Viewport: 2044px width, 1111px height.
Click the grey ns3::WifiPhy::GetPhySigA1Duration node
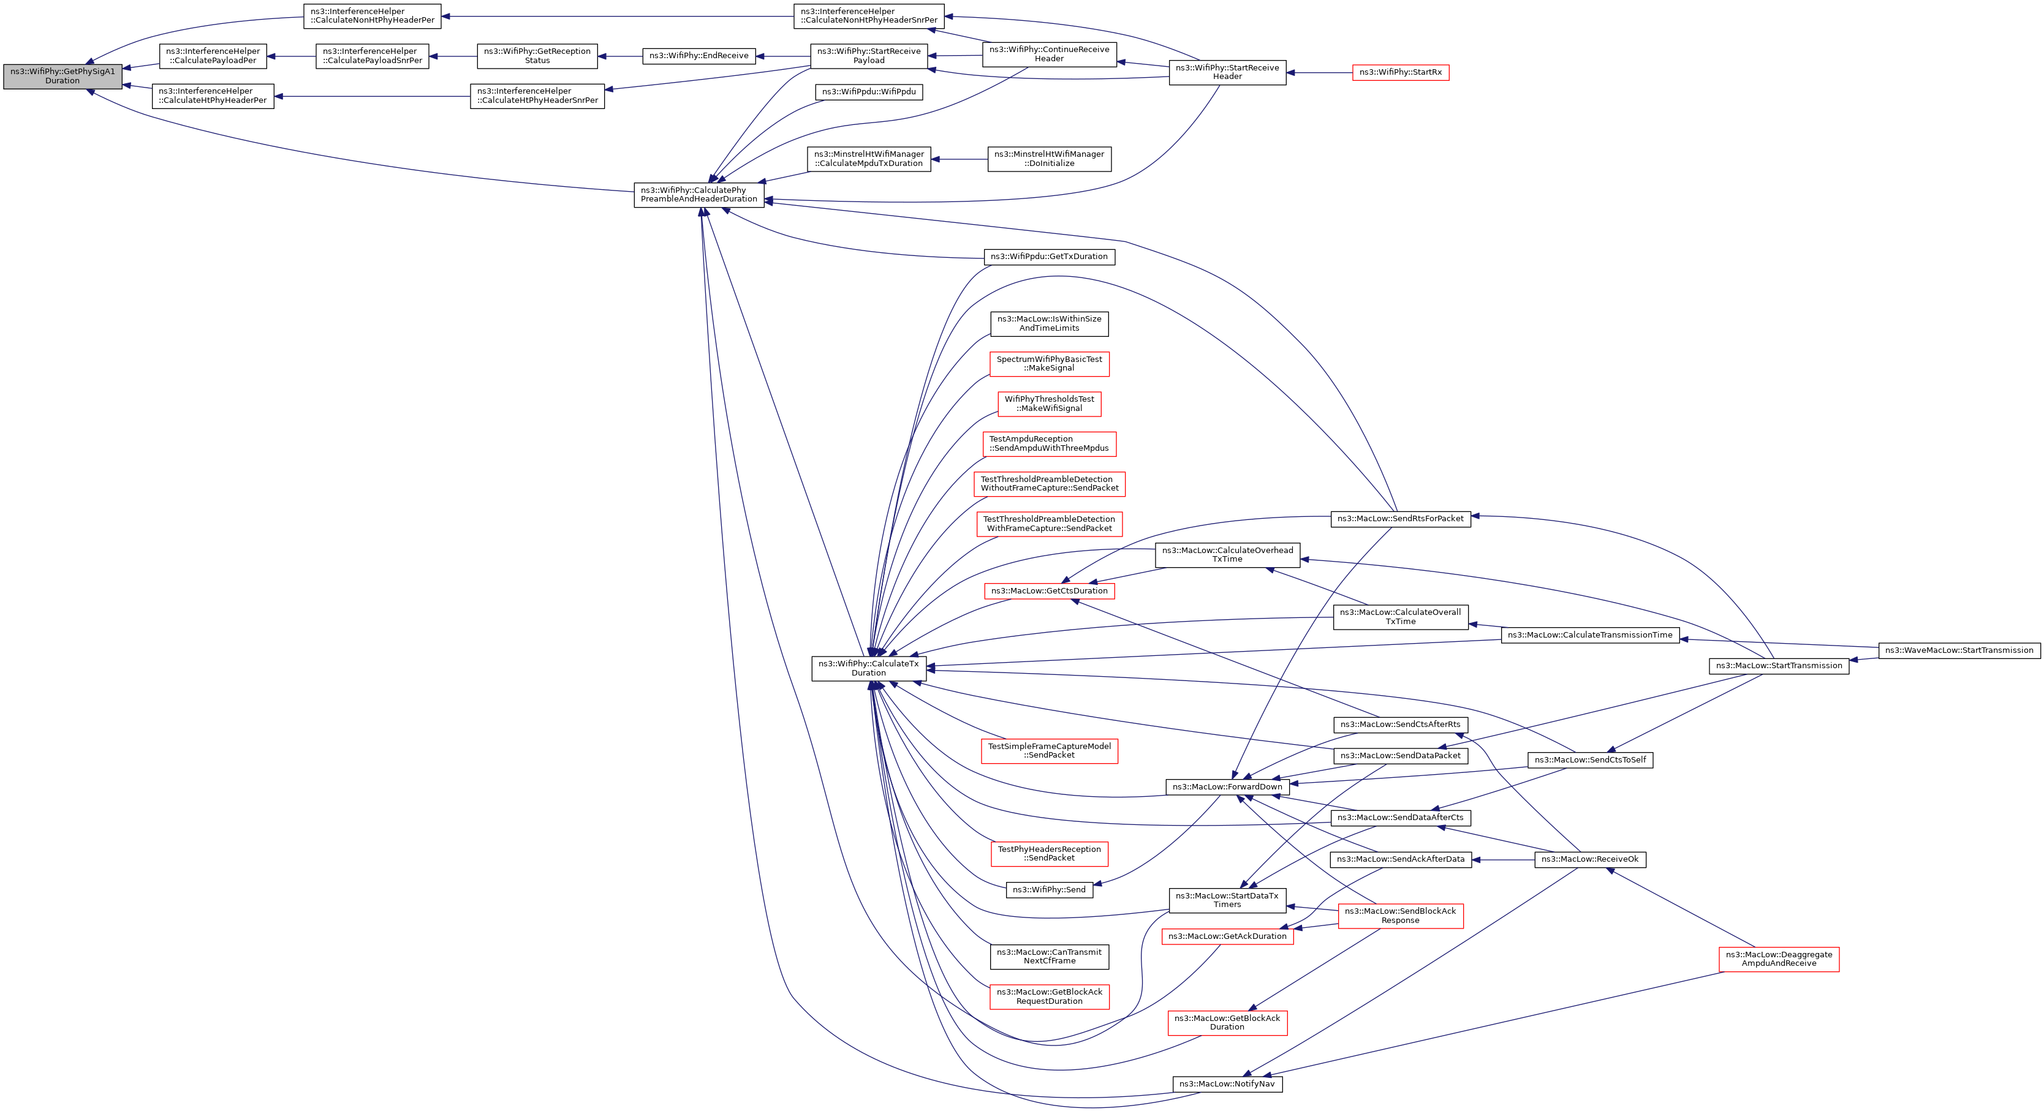[x=62, y=76]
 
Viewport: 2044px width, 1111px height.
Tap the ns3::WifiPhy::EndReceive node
[x=698, y=56]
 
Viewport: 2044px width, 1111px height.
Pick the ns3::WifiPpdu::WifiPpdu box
[x=868, y=92]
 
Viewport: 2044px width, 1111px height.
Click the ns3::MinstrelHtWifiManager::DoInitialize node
[x=1048, y=159]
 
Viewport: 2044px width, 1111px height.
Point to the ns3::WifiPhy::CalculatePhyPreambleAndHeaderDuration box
[x=698, y=194]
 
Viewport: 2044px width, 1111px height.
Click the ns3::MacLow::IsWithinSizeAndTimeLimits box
[x=1048, y=323]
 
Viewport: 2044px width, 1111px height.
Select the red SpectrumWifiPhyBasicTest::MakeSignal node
[x=1048, y=364]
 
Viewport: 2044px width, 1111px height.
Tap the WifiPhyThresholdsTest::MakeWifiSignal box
[x=1048, y=404]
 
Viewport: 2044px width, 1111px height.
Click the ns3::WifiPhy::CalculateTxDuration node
[x=868, y=668]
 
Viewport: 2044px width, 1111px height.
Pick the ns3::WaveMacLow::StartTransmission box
[x=1958, y=650]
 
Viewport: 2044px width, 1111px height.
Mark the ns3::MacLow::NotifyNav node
[x=1227, y=1084]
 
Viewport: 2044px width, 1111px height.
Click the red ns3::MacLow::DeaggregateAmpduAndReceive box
[x=1778, y=958]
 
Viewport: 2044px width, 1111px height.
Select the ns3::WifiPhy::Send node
[x=1048, y=890]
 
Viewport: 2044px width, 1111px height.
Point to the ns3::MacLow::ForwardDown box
[x=1227, y=786]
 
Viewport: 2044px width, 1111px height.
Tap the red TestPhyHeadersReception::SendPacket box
[x=1048, y=853]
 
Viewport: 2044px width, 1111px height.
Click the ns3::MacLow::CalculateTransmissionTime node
[x=1589, y=635]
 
